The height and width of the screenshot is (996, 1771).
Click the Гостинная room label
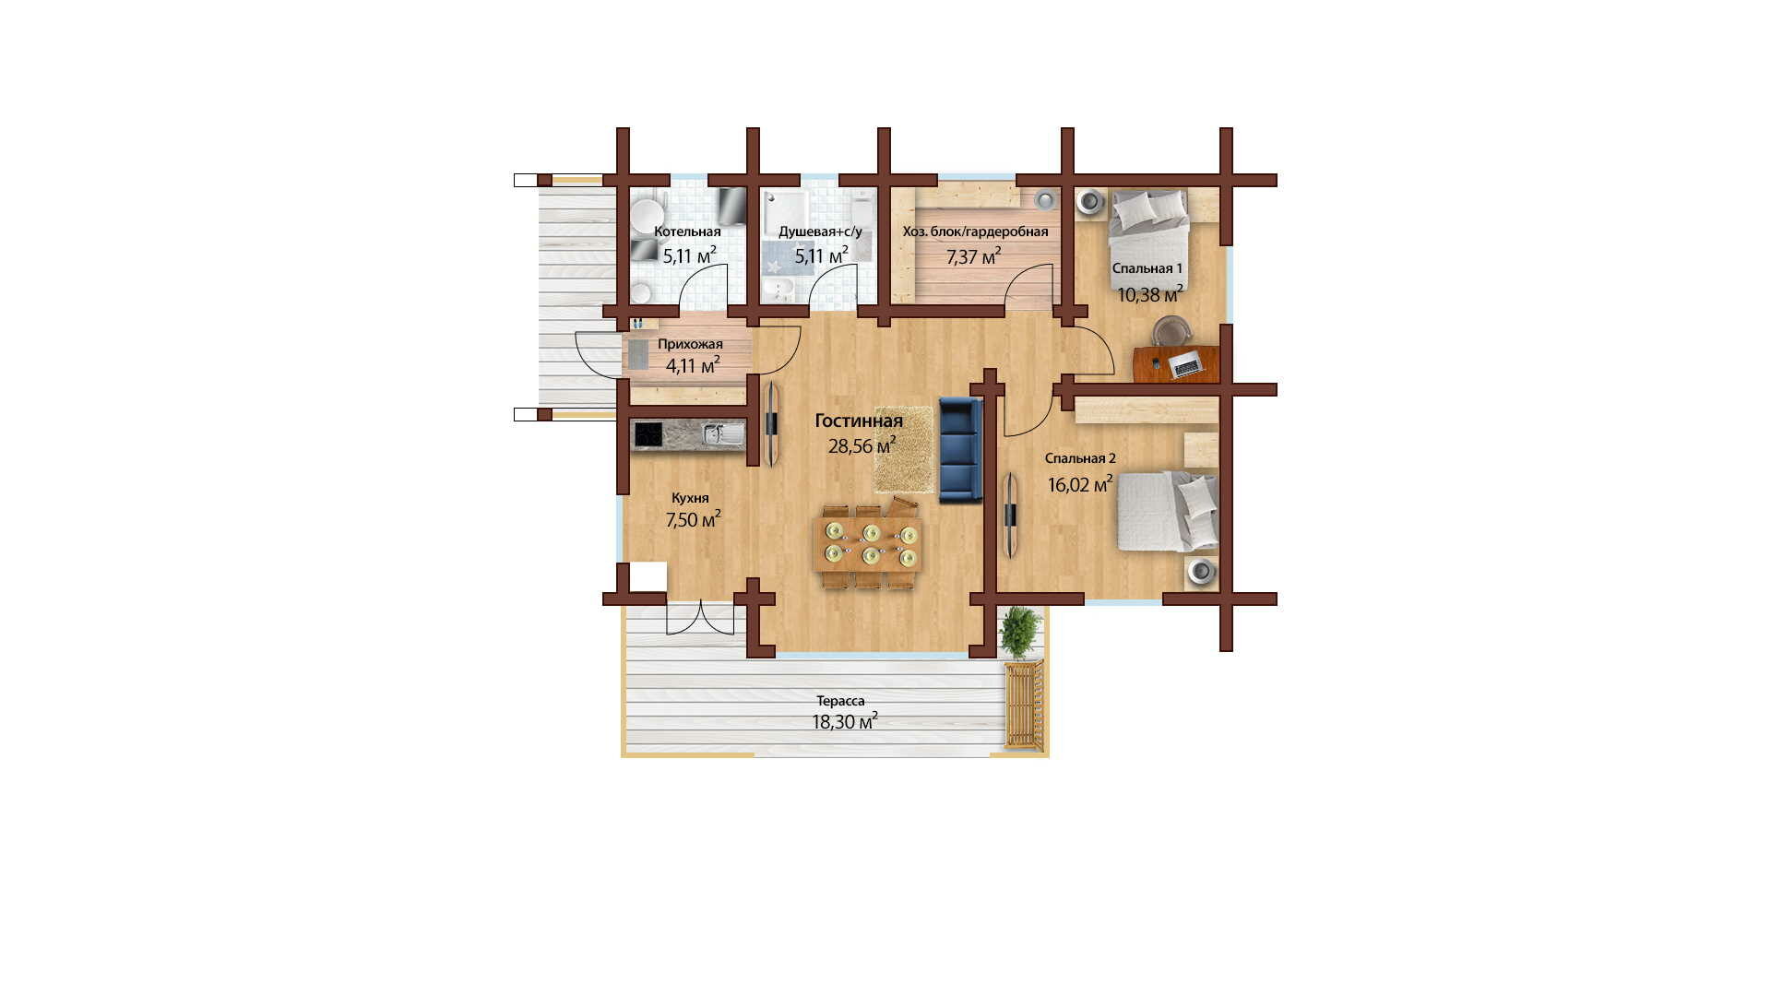click(x=859, y=421)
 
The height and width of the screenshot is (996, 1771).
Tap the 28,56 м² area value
click(x=862, y=446)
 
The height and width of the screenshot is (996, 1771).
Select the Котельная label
click(x=687, y=231)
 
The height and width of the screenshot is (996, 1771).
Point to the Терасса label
click(x=841, y=701)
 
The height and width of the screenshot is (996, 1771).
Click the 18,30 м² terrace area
click(x=845, y=721)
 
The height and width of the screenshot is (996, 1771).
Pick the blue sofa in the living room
click(x=961, y=450)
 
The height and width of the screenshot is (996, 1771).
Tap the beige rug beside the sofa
click(x=905, y=450)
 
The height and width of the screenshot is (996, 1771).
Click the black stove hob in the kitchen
click(x=648, y=434)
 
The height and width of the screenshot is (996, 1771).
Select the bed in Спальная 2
click(x=1168, y=511)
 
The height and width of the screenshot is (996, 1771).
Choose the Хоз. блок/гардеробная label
click(x=975, y=231)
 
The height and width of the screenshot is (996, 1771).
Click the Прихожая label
click(x=690, y=344)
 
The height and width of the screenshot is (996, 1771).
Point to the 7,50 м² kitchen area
click(x=694, y=519)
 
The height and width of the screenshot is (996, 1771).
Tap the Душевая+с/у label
click(x=820, y=231)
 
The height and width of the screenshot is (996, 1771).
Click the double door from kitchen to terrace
click(x=701, y=617)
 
